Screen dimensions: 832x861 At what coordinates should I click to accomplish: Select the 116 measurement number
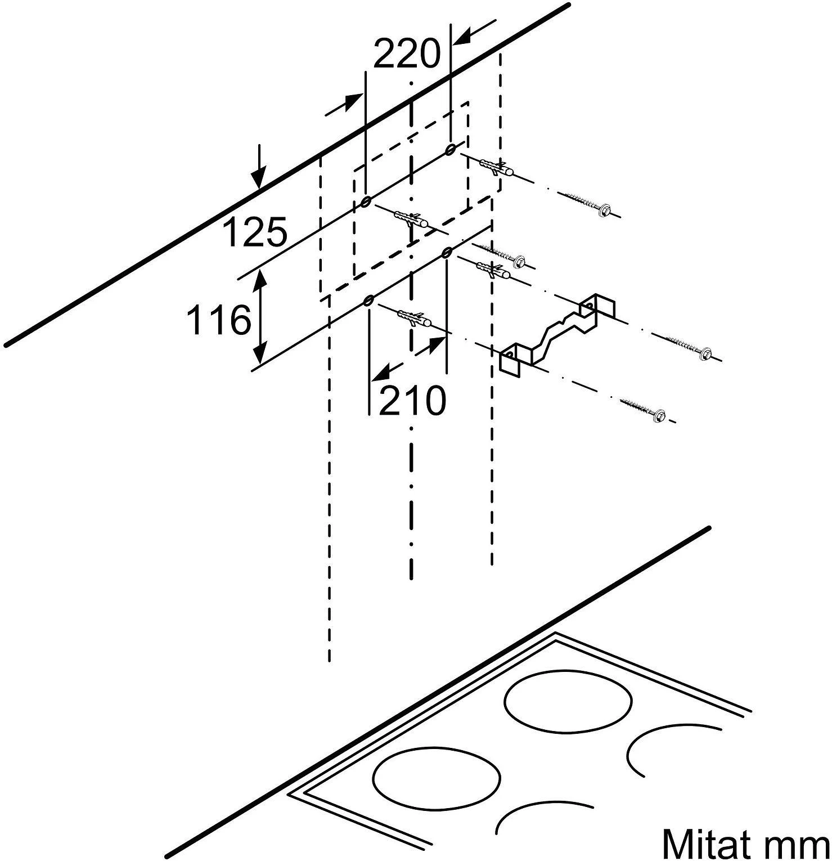click(218, 320)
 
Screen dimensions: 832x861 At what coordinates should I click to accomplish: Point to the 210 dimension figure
click(412, 401)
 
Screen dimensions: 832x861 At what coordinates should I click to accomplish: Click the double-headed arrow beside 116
click(260, 317)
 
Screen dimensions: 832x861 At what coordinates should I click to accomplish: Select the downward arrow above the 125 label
click(258, 165)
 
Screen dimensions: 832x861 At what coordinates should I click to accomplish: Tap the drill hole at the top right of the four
click(450, 149)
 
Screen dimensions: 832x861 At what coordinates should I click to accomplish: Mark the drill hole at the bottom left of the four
click(368, 301)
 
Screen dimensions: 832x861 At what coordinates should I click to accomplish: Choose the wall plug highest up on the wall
click(496, 167)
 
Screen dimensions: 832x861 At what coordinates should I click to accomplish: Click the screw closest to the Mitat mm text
click(645, 410)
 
